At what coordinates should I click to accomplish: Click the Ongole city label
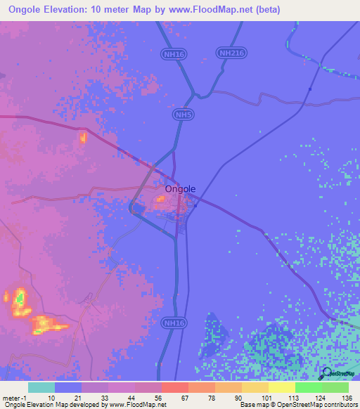[x=180, y=188]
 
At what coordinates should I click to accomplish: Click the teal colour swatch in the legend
[x=41, y=387]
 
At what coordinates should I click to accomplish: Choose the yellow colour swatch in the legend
[x=281, y=387]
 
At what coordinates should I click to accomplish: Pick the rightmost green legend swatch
[x=335, y=387]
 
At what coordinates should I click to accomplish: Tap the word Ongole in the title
[x=27, y=9]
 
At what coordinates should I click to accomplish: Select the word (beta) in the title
[x=266, y=9]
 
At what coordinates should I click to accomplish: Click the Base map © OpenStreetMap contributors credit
[x=297, y=405]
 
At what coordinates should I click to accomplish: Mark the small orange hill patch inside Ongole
[x=160, y=200]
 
